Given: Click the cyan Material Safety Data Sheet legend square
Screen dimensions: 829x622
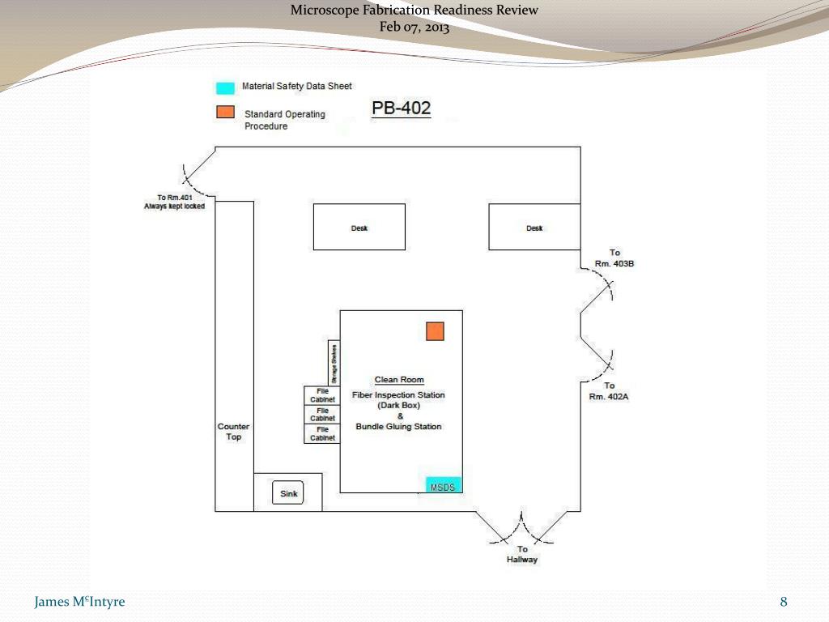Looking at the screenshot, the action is (x=225, y=87).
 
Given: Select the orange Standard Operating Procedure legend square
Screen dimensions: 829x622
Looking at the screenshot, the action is (x=225, y=113).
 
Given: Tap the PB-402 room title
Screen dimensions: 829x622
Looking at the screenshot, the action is (x=401, y=108).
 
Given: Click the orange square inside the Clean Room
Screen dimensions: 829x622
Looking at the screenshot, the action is (x=436, y=330).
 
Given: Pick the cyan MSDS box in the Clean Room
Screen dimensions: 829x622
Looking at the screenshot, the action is (x=444, y=485).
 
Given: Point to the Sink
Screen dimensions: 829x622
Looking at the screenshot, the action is (x=288, y=492).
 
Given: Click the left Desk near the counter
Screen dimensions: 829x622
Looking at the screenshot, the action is (x=359, y=227).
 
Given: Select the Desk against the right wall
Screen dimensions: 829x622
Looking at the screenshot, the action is (x=534, y=227).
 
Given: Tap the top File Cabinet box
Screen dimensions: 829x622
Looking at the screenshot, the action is (x=322, y=395).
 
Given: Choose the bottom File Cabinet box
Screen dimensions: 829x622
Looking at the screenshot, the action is (x=322, y=434).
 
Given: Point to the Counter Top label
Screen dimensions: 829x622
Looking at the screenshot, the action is (x=233, y=432).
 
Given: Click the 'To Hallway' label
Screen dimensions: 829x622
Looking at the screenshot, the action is (x=522, y=555).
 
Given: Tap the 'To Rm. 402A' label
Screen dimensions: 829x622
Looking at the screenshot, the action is (x=609, y=391).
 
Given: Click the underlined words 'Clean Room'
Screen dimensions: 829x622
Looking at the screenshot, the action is (x=399, y=380).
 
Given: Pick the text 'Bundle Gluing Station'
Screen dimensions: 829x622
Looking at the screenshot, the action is (x=399, y=427).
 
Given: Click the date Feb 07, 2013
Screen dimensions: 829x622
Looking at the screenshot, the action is (x=414, y=27).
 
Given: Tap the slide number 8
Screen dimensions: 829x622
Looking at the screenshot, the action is (x=784, y=602).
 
